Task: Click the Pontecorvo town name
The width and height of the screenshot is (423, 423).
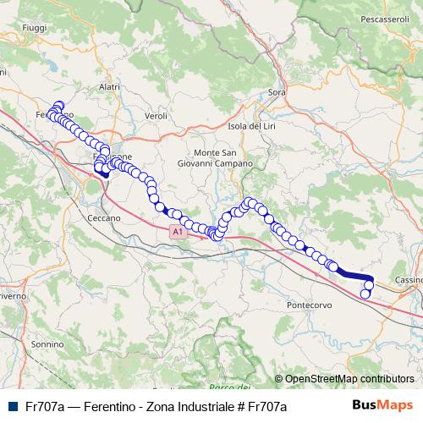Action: pos(308,303)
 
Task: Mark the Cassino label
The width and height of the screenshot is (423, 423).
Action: pos(409,280)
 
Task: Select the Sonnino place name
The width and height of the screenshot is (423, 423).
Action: pos(47,345)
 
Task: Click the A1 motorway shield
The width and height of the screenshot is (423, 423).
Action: pos(176,231)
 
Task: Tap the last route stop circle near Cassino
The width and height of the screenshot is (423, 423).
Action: pos(365,294)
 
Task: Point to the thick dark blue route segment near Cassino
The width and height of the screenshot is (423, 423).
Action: pos(355,274)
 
